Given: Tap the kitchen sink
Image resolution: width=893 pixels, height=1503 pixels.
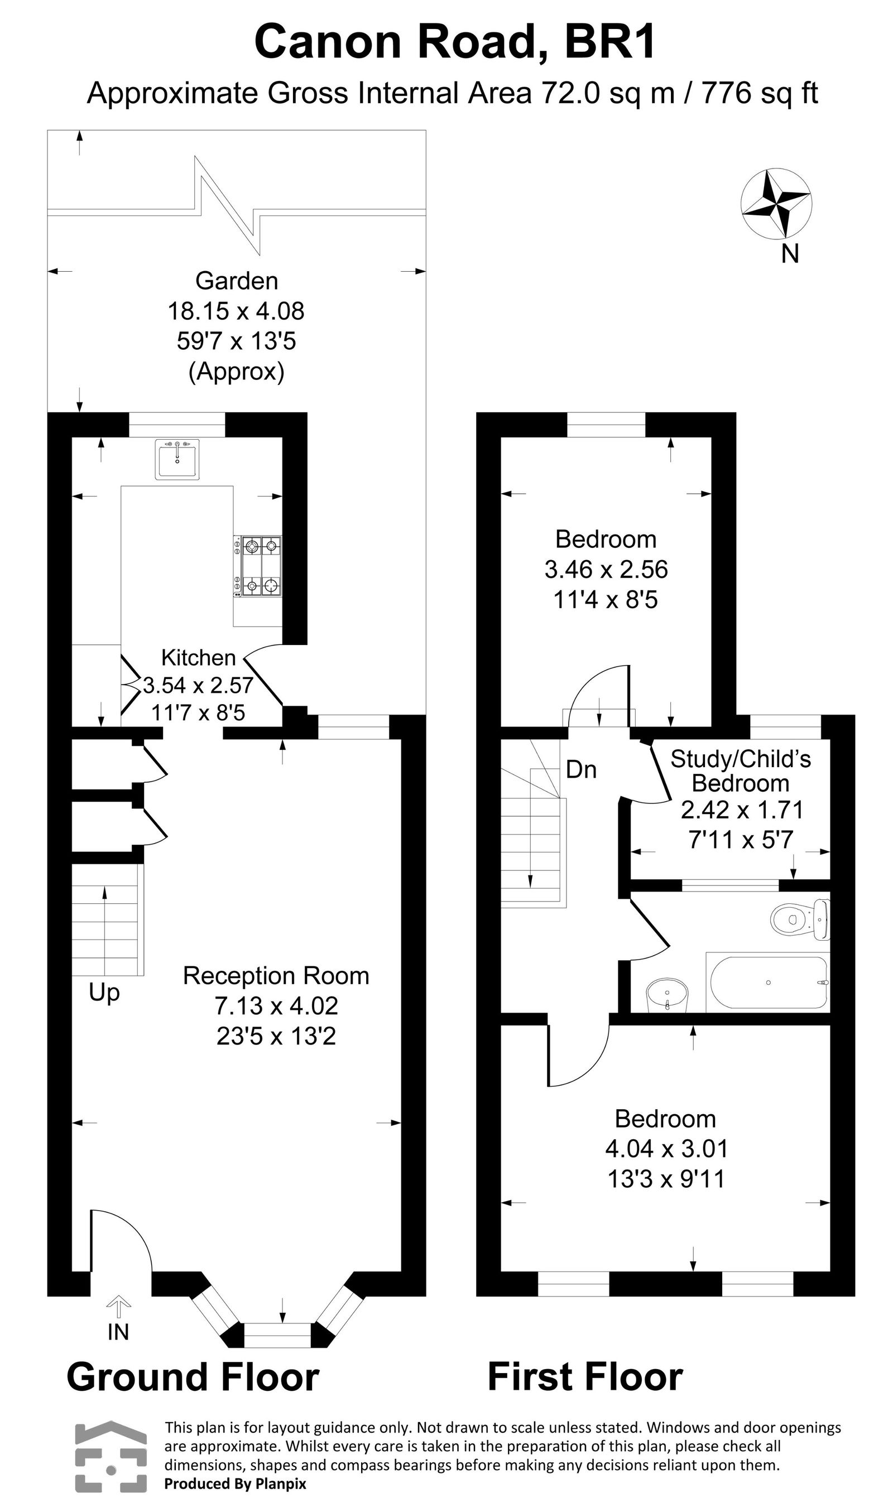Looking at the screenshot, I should (177, 459).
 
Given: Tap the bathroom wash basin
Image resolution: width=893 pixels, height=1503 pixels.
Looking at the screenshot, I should (667, 994).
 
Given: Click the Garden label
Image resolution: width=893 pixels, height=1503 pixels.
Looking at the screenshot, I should (237, 281).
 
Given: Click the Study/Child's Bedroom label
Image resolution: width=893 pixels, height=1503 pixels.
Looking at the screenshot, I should (740, 771).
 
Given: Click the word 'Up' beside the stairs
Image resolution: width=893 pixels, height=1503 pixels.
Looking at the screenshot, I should (104, 993).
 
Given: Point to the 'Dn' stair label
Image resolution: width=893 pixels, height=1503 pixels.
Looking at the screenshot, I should (580, 770).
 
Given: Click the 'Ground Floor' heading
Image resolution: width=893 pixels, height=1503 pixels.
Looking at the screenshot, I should (193, 1377).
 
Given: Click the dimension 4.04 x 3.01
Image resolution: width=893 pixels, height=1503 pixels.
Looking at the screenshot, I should (667, 1149).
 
